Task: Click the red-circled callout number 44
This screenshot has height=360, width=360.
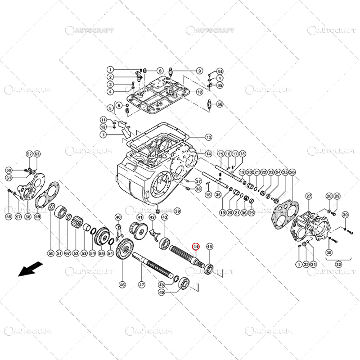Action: pyautogui.click(x=196, y=247)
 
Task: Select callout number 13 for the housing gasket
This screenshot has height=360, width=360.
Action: pyautogui.click(x=208, y=137)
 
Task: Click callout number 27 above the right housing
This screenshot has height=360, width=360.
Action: pyautogui.click(x=309, y=196)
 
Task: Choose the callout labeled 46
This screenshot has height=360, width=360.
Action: pyautogui.click(x=122, y=284)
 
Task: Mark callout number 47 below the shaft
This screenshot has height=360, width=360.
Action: pyautogui.click(x=142, y=284)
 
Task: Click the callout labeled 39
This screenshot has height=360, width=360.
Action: pyautogui.click(x=177, y=211)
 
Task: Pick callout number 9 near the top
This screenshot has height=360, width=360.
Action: pyautogui.click(x=199, y=71)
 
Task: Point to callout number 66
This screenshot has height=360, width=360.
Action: pyautogui.click(x=220, y=104)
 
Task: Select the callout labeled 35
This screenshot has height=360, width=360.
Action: pyautogui.click(x=218, y=194)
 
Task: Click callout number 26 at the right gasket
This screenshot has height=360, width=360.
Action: pyautogui.click(x=292, y=172)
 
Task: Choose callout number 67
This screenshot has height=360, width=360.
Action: pyautogui.click(x=67, y=253)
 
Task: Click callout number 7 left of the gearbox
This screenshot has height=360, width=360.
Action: pyautogui.click(x=103, y=135)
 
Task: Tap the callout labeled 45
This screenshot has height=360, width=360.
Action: pyautogui.click(x=209, y=247)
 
